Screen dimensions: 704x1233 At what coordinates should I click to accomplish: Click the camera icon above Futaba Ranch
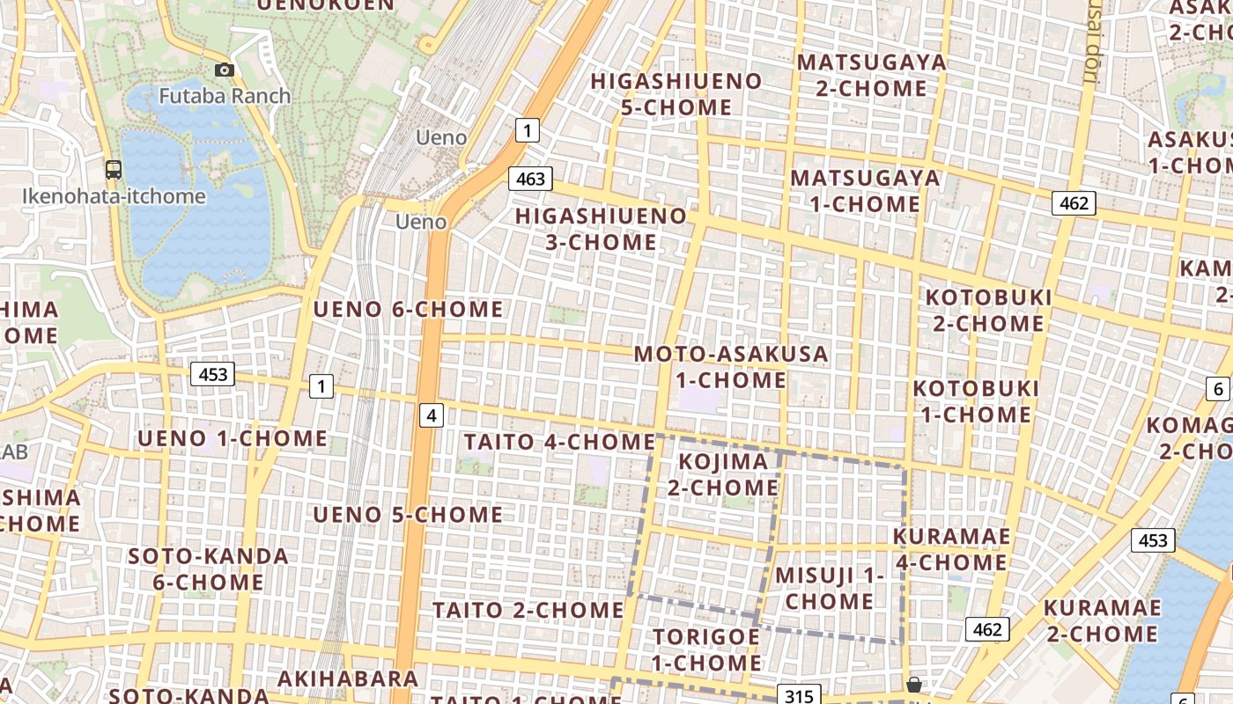tap(225, 70)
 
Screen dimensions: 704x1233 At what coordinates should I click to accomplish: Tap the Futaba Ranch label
tap(225, 95)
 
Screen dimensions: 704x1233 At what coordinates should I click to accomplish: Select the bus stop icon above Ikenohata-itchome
tap(113, 170)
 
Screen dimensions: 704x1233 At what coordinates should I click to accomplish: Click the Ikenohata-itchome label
tap(114, 195)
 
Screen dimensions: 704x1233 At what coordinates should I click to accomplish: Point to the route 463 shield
tap(530, 179)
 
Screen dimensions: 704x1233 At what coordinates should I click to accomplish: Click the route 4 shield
tap(431, 414)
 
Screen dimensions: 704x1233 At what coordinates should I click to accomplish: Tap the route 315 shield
tap(799, 696)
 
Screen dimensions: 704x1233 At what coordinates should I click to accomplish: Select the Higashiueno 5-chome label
tap(676, 94)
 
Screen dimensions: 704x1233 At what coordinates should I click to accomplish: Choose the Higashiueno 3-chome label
tap(601, 229)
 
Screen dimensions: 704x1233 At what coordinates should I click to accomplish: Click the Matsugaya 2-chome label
tap(871, 76)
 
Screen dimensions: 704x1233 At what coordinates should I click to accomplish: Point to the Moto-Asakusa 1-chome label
tap(731, 367)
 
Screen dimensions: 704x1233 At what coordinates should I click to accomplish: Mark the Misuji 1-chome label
tap(830, 589)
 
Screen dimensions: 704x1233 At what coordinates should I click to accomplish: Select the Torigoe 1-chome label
tap(706, 649)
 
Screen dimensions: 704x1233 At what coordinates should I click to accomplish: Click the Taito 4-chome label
tap(559, 442)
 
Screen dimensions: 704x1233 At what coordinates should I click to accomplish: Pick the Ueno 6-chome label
tap(409, 309)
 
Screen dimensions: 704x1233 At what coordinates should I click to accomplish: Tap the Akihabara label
tap(348, 679)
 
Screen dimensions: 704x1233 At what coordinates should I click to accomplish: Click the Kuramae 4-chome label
tap(951, 549)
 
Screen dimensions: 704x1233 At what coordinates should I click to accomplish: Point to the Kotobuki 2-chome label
tap(988, 310)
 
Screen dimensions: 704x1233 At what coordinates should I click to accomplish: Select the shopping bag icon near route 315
tap(914, 686)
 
